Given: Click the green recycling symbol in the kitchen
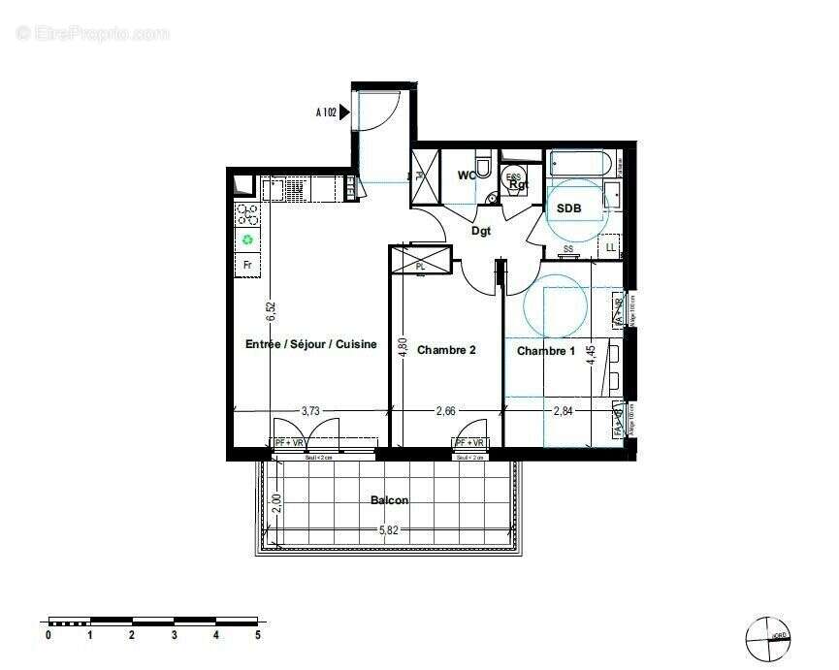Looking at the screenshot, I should pyautogui.click(x=247, y=239).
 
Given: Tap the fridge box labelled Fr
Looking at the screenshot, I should pyautogui.click(x=247, y=264).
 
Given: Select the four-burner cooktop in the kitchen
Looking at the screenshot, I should pyautogui.click(x=247, y=213).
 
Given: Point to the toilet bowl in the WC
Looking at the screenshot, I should pyautogui.click(x=483, y=167).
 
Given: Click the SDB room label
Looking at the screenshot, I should pyautogui.click(x=568, y=208).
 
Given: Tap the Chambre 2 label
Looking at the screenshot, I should pyautogui.click(x=446, y=350).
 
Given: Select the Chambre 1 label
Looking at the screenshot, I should pyautogui.click(x=545, y=350).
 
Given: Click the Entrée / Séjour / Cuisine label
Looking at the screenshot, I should pyautogui.click(x=310, y=344).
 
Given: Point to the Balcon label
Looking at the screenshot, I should pyautogui.click(x=389, y=500).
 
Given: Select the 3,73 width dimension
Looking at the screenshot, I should pyautogui.click(x=310, y=411).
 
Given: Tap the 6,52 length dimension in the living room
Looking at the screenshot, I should pyautogui.click(x=273, y=310).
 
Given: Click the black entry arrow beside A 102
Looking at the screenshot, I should pyautogui.click(x=344, y=112).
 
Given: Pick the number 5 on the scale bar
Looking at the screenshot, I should pyautogui.click(x=257, y=635).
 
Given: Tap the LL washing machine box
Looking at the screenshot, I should pyautogui.click(x=610, y=248).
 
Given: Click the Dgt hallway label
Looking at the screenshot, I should pyautogui.click(x=481, y=231).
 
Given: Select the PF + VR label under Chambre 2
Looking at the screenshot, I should pyautogui.click(x=469, y=443).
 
